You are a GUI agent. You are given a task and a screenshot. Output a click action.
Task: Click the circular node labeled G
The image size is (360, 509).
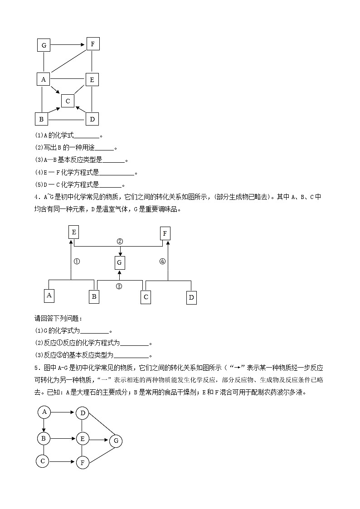116,441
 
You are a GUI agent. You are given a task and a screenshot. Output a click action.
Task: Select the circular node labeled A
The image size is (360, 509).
44,412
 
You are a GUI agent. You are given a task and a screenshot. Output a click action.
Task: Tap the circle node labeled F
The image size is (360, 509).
83,463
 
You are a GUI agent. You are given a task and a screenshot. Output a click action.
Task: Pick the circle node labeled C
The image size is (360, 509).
43,461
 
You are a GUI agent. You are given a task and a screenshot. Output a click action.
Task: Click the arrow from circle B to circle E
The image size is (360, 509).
63,438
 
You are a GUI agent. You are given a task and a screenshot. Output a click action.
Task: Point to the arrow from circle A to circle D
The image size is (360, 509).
63,412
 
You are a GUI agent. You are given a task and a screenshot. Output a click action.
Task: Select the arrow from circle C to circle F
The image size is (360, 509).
62,462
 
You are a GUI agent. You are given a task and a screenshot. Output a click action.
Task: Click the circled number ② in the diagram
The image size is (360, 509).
120,241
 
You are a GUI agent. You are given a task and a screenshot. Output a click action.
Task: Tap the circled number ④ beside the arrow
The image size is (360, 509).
162,261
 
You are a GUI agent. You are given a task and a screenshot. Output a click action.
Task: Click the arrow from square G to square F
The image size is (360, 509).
68,45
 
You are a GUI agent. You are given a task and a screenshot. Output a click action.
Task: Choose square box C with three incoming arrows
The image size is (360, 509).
68,101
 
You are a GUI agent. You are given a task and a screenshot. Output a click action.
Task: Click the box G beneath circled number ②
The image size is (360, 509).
120,262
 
